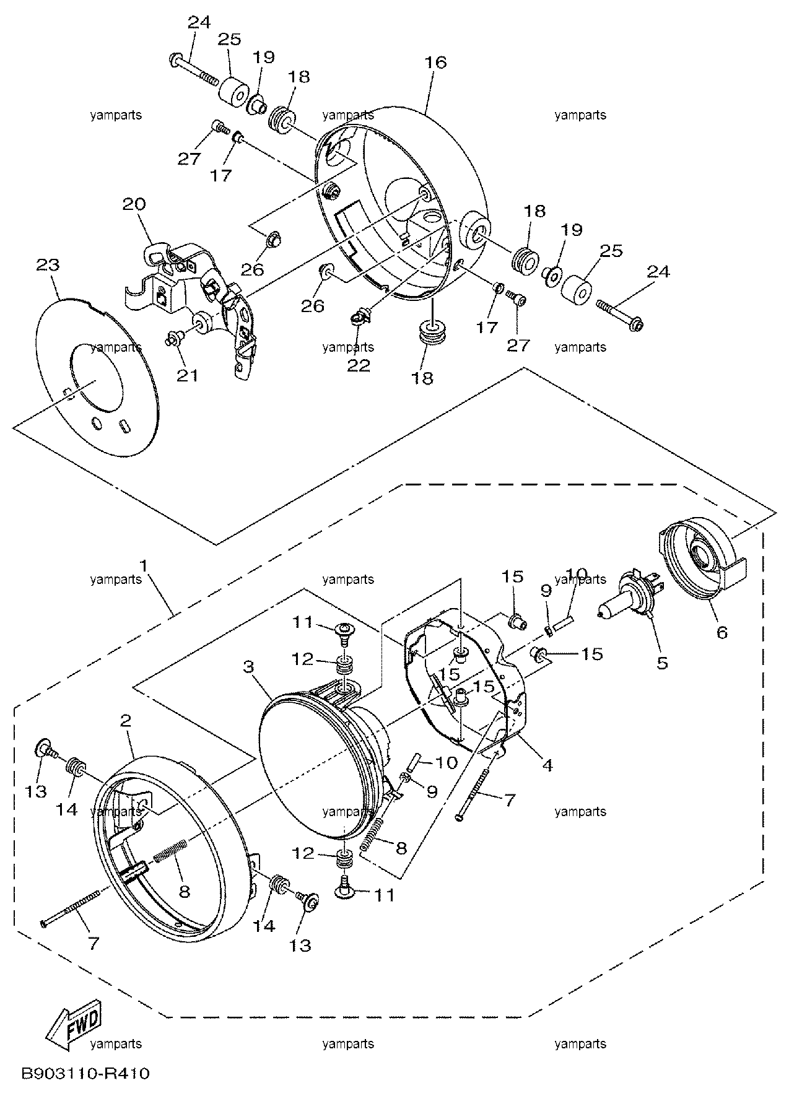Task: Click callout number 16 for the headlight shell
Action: [x=436, y=62]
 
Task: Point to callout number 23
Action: [x=48, y=265]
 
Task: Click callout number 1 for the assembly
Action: [x=144, y=565]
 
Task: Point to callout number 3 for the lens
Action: [x=249, y=666]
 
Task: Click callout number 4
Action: [x=547, y=765]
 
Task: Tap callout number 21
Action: [x=187, y=375]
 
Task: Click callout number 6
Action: [x=721, y=632]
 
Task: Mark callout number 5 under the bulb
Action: [x=662, y=663]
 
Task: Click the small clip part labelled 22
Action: [x=359, y=318]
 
